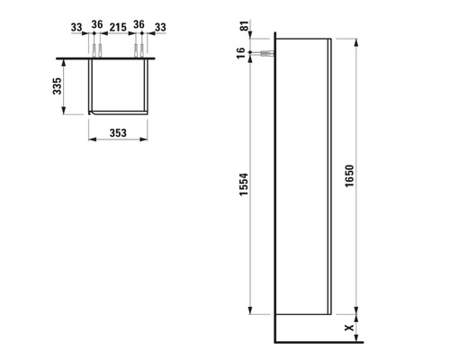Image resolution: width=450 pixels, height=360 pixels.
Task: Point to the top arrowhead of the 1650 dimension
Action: click(x=358, y=42)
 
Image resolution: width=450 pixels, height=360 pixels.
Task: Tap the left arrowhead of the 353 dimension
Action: click(x=93, y=139)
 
